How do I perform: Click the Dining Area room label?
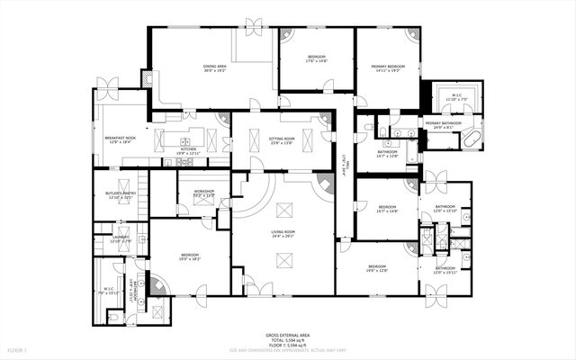[213, 66]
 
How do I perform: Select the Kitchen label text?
[187, 149]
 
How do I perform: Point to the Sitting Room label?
[282, 139]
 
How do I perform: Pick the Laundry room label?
[121, 238]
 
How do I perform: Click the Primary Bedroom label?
[389, 66]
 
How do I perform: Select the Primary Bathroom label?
[444, 123]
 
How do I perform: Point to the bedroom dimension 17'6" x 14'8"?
[316, 61]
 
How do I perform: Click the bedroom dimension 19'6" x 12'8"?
[376, 271]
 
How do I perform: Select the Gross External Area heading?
[288, 334]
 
